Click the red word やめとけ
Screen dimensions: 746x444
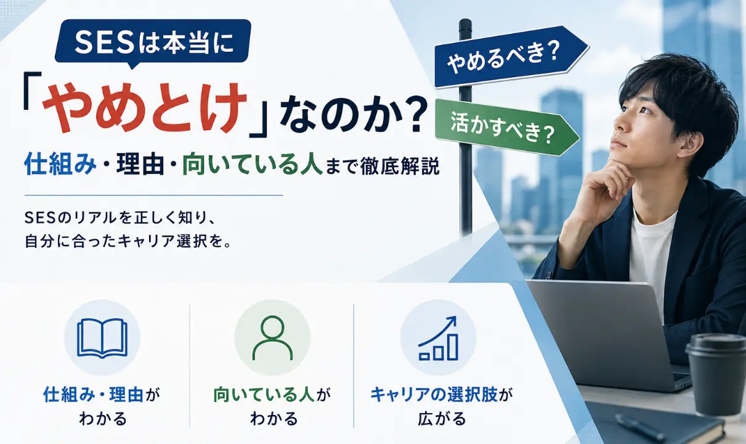pos(145,107)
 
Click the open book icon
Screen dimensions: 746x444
pos(102,338)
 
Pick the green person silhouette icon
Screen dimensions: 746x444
pos(272,338)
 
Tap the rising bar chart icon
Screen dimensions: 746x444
pos(438,339)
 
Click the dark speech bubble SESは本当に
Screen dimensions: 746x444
pos(153,43)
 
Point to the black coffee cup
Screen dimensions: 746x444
pos(716,374)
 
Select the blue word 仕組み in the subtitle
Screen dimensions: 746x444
pos(60,164)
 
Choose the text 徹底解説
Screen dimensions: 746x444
pos(400,165)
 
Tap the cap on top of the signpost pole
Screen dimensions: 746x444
pos(465,24)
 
